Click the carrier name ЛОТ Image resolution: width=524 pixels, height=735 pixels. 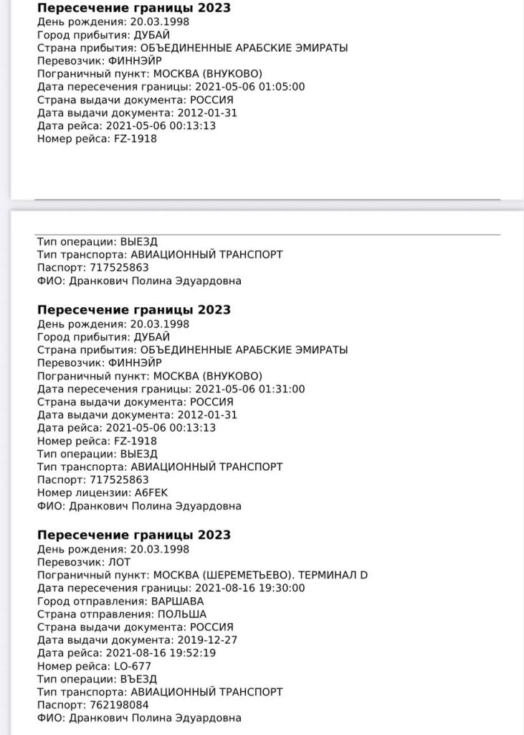click(x=114, y=562)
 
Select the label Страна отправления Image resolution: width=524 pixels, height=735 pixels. click(x=90, y=614)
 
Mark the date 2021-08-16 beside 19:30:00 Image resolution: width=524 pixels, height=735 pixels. click(x=225, y=588)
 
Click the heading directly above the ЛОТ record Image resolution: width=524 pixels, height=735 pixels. click(x=133, y=535)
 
